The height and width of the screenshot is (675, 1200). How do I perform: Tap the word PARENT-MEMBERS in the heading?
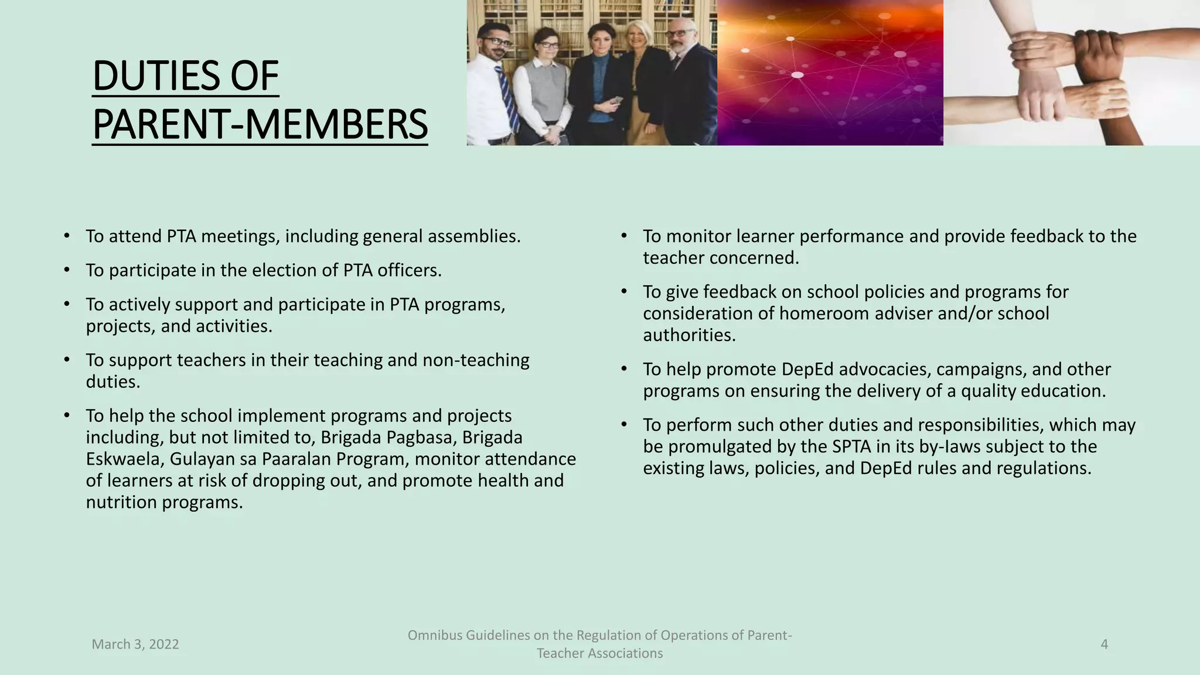coord(260,125)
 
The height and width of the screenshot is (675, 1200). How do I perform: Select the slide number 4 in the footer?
coord(1104,645)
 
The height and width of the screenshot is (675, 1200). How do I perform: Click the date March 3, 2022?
coord(135,645)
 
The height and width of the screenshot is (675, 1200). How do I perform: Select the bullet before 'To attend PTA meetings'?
coord(67,236)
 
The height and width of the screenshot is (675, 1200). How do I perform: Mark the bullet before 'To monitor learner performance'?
coord(625,236)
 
